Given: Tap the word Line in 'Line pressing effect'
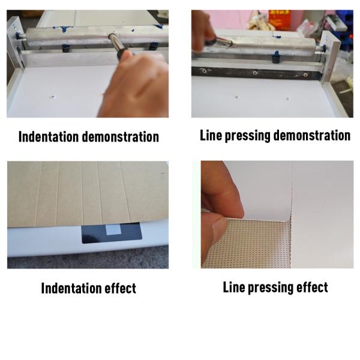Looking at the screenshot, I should pyautogui.click(x=234, y=287).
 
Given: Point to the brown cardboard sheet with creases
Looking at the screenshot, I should pyautogui.click(x=84, y=192).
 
